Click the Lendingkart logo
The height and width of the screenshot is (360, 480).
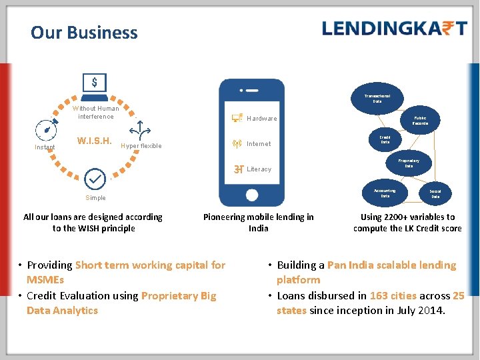394,28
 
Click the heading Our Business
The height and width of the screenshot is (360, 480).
84,33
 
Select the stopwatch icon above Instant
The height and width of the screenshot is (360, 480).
45,127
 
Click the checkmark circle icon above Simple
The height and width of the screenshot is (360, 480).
95,179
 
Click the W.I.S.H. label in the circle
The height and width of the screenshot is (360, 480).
94,141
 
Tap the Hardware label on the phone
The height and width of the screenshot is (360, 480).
261,119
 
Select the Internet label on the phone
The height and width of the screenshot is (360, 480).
259,144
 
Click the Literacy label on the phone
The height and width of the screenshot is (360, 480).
259,169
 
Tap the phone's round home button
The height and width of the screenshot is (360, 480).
251,195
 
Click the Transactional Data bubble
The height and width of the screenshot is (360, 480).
377,97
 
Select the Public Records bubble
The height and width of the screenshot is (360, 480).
420,121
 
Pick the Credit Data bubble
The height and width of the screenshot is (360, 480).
385,140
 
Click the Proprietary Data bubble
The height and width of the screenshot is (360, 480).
409,163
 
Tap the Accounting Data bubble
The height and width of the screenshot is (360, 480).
385,193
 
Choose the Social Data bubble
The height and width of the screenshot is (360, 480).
435,194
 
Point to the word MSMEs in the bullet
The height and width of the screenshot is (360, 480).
45,280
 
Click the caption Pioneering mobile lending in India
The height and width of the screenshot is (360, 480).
259,223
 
